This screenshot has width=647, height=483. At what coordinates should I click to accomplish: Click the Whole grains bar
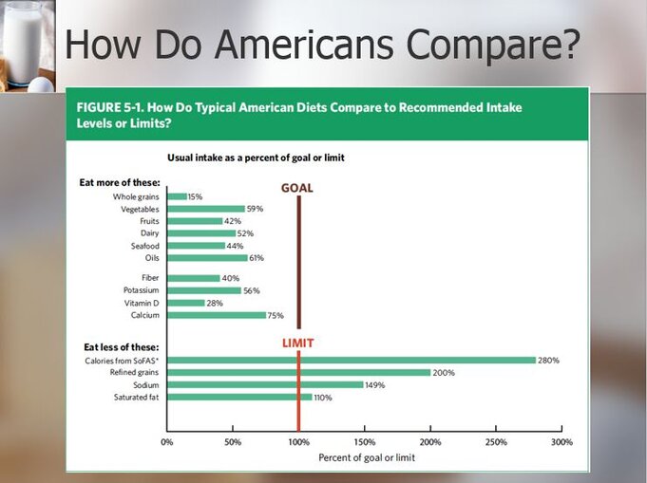[x=177, y=196]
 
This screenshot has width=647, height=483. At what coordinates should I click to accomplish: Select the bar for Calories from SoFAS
[x=352, y=361]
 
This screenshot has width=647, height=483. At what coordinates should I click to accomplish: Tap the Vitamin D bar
[x=186, y=303]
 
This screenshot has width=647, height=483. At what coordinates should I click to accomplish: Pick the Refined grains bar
[x=299, y=373]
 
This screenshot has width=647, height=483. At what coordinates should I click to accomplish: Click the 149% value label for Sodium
[x=375, y=385]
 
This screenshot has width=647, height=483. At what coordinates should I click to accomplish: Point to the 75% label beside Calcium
[x=276, y=316]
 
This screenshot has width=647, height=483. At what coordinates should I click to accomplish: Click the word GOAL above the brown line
[x=297, y=188]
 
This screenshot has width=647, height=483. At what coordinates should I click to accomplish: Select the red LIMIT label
[x=298, y=343]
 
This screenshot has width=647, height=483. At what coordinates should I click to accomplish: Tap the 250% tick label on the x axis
[x=496, y=442]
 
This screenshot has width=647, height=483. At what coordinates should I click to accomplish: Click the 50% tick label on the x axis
[x=233, y=442]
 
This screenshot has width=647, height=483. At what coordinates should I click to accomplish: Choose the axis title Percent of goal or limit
[x=367, y=457]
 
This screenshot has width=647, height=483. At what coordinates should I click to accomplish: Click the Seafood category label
[x=144, y=246]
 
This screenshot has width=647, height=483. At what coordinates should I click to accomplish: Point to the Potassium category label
[x=142, y=290]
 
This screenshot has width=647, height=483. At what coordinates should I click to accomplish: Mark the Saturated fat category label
[x=137, y=398]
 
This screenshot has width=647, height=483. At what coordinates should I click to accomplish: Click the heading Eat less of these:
[x=122, y=347]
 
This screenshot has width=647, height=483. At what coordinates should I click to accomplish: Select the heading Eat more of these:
[x=120, y=182]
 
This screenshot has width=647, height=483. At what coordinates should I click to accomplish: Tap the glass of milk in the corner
[x=22, y=41]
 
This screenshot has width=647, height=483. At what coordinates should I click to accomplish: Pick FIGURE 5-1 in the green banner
[x=109, y=107]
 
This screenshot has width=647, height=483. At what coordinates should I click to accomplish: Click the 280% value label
[x=549, y=361]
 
